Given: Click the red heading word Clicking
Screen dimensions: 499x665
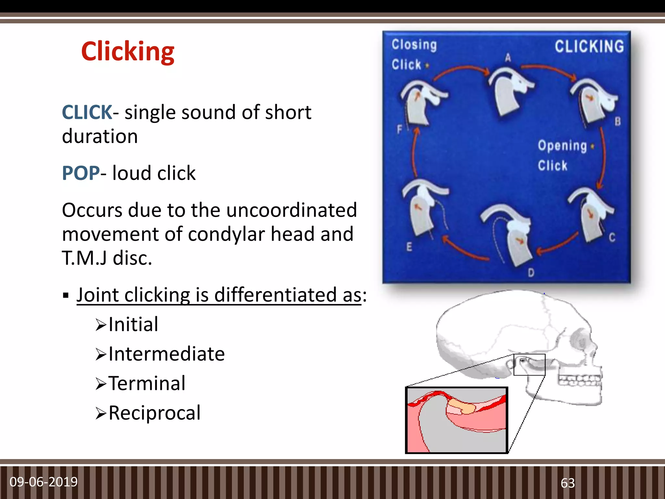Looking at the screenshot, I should point(128,51).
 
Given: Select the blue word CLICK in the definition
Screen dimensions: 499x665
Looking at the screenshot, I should point(87,112).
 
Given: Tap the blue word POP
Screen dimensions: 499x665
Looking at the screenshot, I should point(81,173).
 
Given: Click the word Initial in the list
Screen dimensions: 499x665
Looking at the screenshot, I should point(133,324).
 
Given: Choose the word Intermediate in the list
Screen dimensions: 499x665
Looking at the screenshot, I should point(166,354).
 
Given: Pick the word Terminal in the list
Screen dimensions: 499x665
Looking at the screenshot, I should point(147,383).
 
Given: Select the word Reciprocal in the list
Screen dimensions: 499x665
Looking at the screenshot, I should point(155,413).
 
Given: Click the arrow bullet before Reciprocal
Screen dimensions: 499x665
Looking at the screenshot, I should point(101,414).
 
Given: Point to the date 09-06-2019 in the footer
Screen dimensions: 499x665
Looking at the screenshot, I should point(44,482).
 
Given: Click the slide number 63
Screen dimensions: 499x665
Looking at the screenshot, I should point(568,483).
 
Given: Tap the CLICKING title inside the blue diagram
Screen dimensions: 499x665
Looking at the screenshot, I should point(589,46).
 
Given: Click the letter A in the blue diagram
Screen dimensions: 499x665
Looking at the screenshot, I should point(508,58).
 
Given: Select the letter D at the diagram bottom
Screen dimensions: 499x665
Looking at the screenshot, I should point(531,273).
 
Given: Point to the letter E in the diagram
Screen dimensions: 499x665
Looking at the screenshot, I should point(409,247).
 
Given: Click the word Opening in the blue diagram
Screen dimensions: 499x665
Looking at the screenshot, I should point(562,146).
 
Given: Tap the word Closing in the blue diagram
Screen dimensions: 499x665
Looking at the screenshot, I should point(414,45).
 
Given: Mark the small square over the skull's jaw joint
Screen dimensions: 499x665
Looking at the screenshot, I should point(529,365).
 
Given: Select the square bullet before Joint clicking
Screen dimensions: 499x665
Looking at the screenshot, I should point(66,296).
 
